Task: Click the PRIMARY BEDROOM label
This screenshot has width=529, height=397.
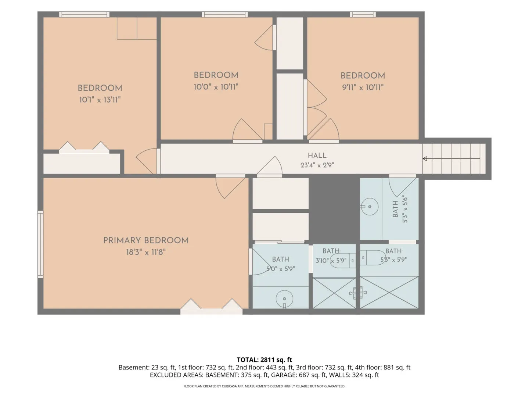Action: [146, 240]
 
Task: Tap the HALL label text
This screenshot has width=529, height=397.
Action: [317, 155]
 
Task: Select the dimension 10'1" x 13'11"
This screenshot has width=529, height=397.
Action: [100, 100]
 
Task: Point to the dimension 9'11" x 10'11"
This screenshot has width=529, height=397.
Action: [363, 87]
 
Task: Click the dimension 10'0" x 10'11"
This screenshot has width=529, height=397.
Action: [216, 87]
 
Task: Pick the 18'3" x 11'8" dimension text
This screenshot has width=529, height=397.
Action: [146, 252]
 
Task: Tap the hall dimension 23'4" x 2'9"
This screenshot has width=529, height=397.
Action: [317, 165]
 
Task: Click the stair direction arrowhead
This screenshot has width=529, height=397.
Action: [425, 158]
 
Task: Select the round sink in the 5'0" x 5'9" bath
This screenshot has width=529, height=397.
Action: [284, 299]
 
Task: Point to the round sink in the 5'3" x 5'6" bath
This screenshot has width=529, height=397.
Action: [370, 207]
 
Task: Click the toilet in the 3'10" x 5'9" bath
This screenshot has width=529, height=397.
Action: [343, 261]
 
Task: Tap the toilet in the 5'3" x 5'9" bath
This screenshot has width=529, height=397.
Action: [373, 258]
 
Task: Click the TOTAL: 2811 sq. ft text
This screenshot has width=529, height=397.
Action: [264, 360]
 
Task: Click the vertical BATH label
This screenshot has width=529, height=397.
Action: [395, 209]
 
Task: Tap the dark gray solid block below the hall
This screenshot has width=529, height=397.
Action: [334, 209]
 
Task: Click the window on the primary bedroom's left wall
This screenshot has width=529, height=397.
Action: [40, 244]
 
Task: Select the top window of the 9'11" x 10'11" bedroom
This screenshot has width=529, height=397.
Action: [363, 14]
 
